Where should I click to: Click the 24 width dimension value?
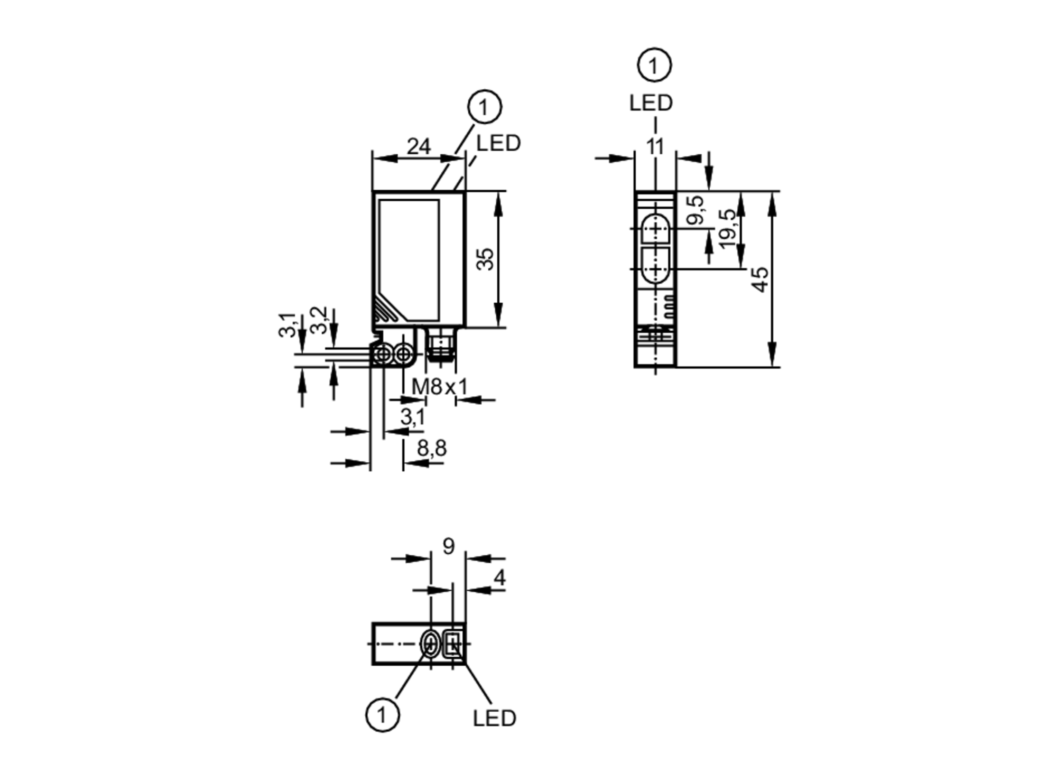click(418, 146)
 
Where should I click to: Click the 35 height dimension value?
click(485, 259)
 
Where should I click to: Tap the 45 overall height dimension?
click(761, 279)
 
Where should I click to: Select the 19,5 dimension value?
click(728, 228)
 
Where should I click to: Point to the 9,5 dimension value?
click(696, 209)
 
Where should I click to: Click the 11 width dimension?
click(655, 146)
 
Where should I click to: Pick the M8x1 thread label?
click(440, 387)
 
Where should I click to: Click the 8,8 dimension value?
click(431, 448)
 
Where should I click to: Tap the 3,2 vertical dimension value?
click(319, 320)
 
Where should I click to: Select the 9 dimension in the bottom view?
click(448, 546)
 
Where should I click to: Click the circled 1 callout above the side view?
click(654, 66)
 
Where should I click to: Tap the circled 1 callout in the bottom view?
click(382, 715)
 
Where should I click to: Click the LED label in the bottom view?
click(494, 718)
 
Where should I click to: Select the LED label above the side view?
click(651, 103)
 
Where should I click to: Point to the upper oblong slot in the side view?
click(655, 228)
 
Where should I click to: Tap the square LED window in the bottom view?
click(453, 644)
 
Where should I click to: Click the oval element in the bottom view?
click(431, 644)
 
